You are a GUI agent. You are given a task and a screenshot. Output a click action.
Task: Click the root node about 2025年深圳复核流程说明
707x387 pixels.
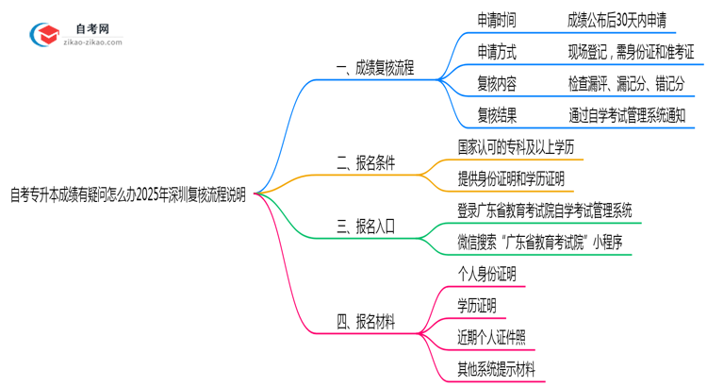(x=128, y=195)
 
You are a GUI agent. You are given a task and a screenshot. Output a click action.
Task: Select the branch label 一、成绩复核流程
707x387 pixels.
(x=375, y=68)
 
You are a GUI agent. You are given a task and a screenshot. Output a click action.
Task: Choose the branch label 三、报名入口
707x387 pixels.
(x=365, y=226)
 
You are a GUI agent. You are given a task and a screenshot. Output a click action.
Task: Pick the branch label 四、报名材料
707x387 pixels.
(x=365, y=322)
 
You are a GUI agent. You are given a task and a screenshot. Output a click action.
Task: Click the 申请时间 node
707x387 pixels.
(x=497, y=20)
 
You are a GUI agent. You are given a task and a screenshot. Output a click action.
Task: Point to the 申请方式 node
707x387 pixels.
(x=497, y=52)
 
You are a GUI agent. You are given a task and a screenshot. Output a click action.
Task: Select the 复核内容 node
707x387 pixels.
(x=497, y=84)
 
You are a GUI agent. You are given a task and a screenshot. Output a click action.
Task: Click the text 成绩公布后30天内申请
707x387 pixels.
(x=622, y=20)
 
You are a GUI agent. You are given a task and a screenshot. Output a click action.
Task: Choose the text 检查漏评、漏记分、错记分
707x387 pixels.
(x=626, y=84)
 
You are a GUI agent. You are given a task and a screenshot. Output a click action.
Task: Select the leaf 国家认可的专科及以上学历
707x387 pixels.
(x=514, y=148)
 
